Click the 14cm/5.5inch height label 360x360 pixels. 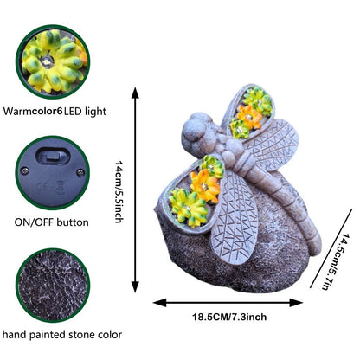(x=119, y=192)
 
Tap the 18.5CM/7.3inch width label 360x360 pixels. (x=229, y=317)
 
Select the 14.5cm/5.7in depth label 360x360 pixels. (x=336, y=261)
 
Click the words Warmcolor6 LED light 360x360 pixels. (x=55, y=111)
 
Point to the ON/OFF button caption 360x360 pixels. (x=51, y=222)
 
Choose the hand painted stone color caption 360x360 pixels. (x=61, y=335)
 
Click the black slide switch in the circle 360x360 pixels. (x=53, y=157)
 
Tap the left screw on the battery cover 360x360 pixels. (x=24, y=170)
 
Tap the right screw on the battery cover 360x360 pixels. (x=80, y=172)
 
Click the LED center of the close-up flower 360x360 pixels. (x=47, y=61)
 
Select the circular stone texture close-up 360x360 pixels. (x=53, y=286)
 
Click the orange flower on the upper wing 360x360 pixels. (x=249, y=117)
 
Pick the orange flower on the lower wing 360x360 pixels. (x=205, y=185)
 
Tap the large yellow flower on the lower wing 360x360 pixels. (x=188, y=206)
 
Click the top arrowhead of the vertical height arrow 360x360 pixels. (x=135, y=93)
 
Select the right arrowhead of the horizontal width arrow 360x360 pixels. (x=296, y=303)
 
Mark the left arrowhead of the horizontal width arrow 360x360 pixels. (x=159, y=303)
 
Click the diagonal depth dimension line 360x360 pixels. (x=331, y=248)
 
